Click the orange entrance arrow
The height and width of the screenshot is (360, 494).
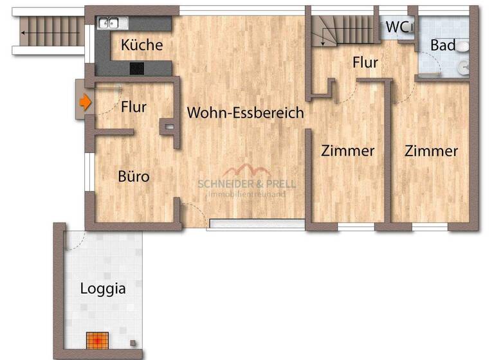pos(84,102)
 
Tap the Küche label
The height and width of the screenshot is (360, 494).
pos(142,46)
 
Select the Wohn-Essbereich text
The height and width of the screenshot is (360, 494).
pos(245,113)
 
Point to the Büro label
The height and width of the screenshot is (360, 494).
pos(134,175)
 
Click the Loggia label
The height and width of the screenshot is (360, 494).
pos(103,289)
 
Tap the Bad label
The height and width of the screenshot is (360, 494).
pos(443,45)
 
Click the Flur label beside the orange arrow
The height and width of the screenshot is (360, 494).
pos(134,107)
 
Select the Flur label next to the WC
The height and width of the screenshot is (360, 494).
pos(365,63)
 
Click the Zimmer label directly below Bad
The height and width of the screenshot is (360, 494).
pos(431,152)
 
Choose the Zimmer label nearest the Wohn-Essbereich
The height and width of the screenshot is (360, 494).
pos(347,152)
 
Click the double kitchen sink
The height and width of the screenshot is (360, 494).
pos(113,24)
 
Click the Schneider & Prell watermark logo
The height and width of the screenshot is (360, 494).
pos(246,179)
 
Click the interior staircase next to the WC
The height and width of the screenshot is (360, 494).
pos(344,31)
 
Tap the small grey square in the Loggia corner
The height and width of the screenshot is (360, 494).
pos(132,343)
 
